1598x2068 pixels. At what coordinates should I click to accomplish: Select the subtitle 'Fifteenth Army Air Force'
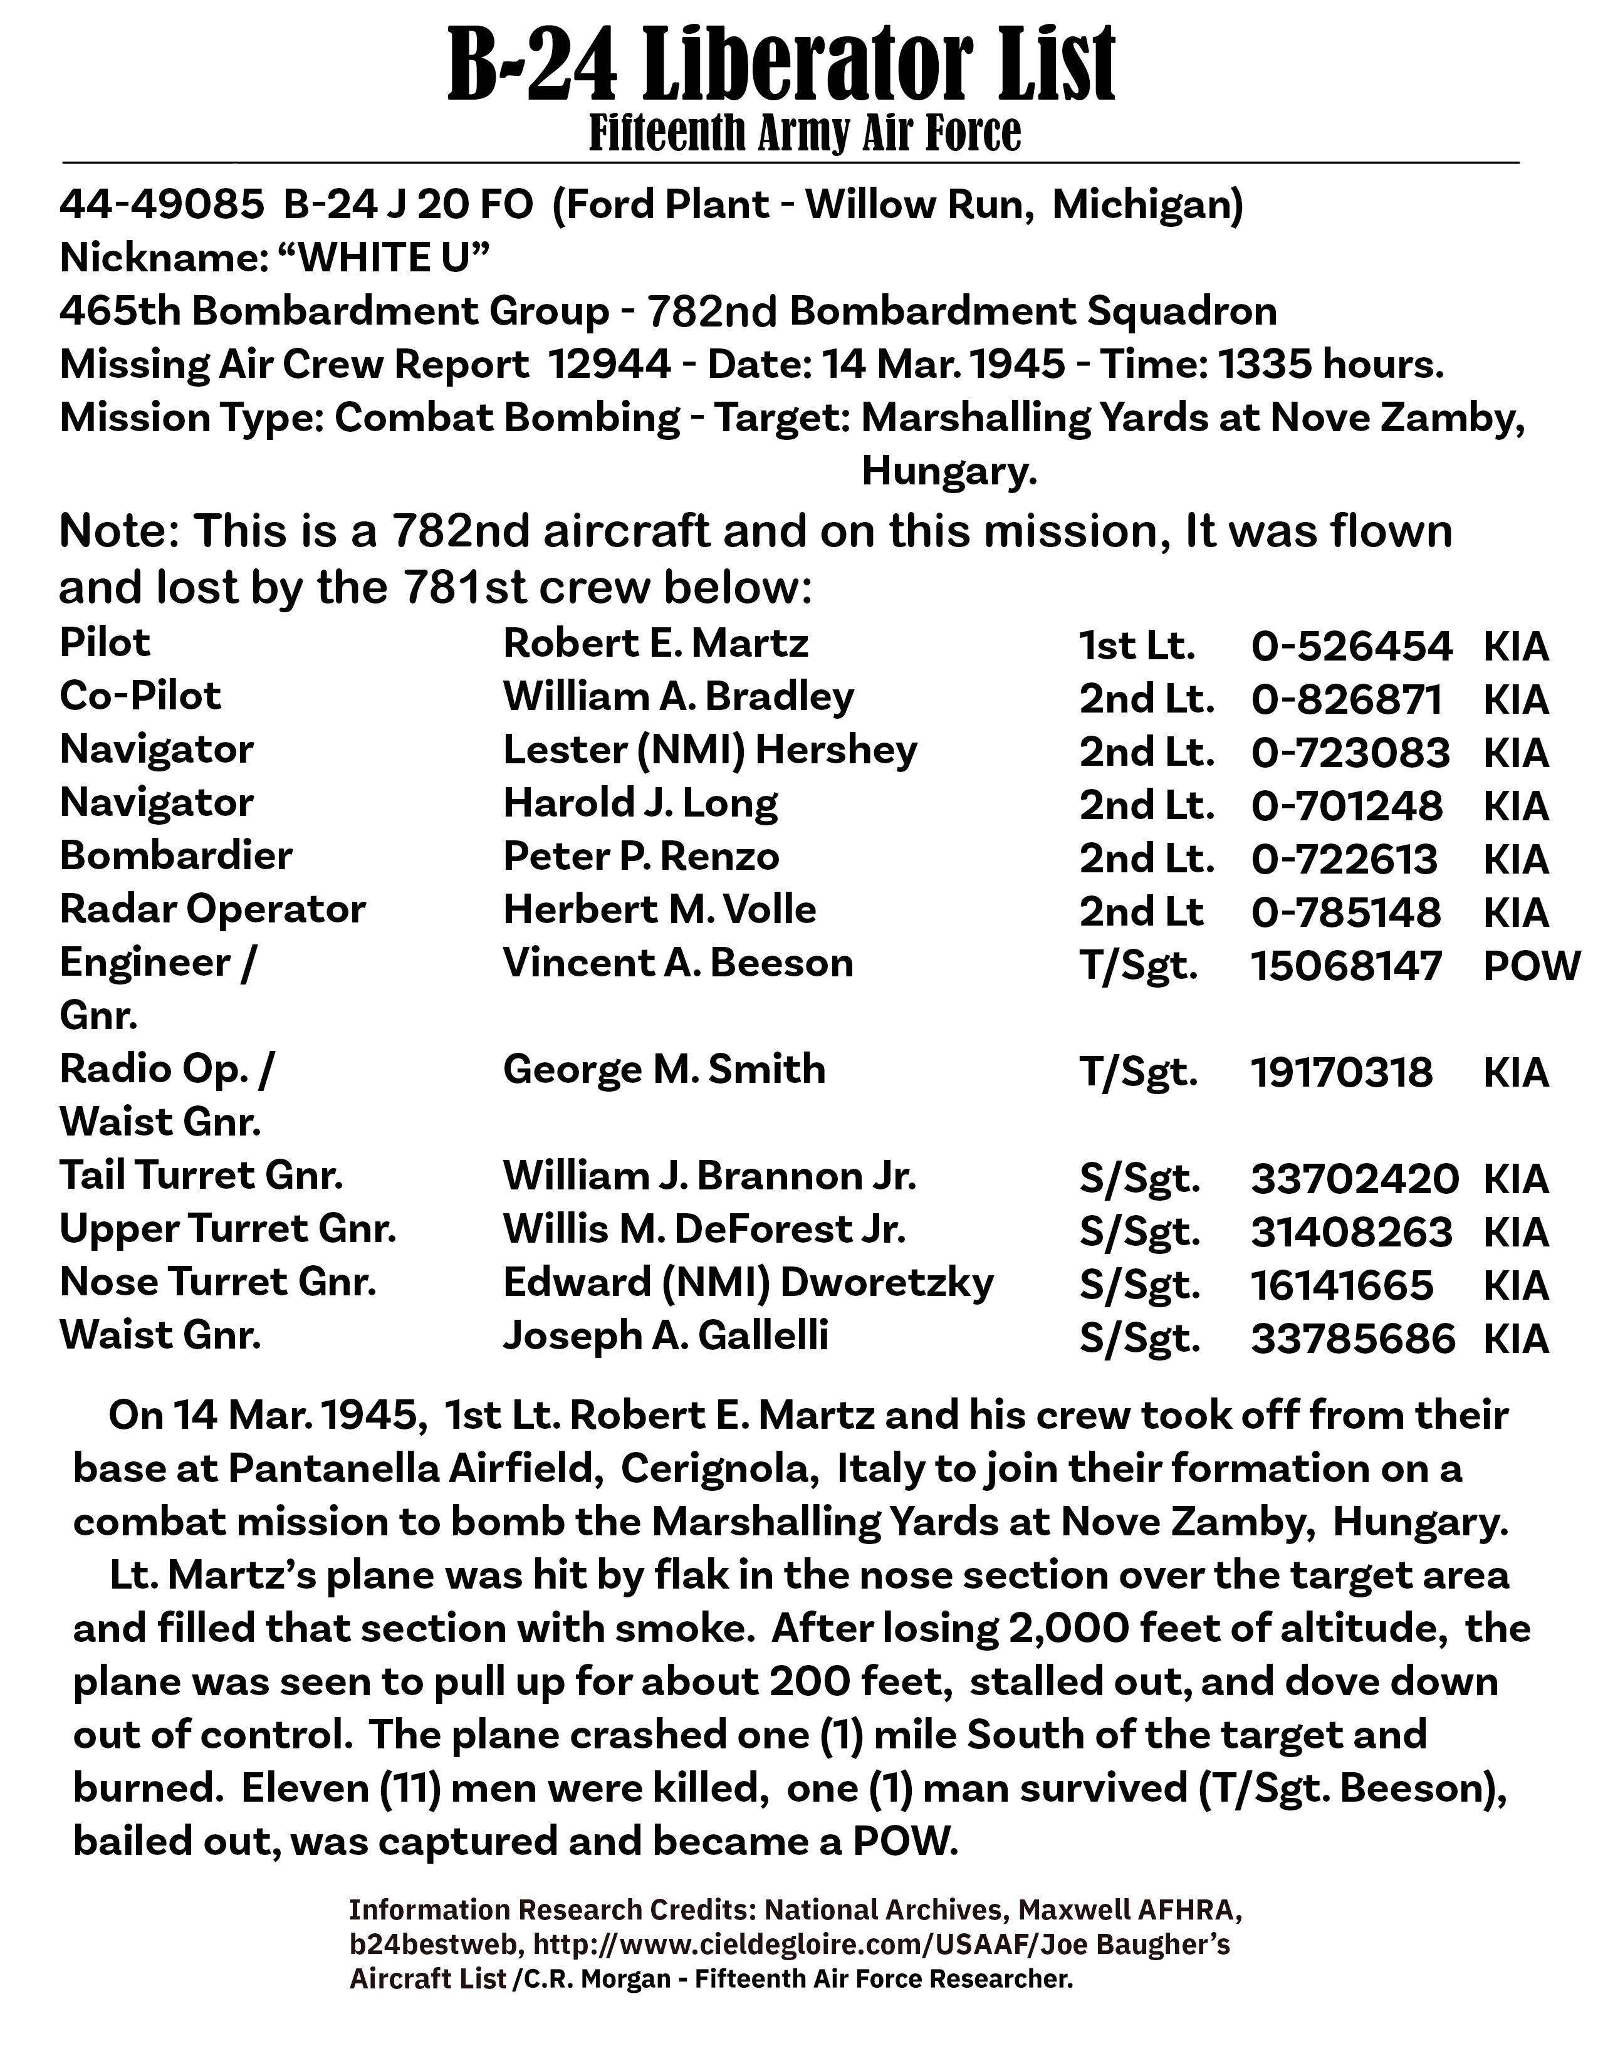(x=805, y=133)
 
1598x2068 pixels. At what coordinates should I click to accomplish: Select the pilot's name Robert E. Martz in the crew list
(x=655, y=644)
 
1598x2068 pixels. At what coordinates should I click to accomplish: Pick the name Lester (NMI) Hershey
(x=710, y=751)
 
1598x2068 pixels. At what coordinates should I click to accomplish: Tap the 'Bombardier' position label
(x=176, y=856)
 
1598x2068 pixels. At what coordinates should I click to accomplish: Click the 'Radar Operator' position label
(x=212, y=910)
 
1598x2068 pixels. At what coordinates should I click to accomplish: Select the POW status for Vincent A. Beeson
(x=1531, y=966)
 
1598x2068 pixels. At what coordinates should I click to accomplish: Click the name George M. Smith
(x=664, y=1070)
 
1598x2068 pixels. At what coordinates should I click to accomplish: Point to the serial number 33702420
(x=1354, y=1179)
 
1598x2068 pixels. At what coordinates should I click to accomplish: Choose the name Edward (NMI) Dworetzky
(x=748, y=1283)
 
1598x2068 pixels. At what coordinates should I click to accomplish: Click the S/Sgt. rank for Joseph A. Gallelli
(x=1139, y=1338)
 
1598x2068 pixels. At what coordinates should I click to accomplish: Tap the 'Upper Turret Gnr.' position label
(x=227, y=1230)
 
